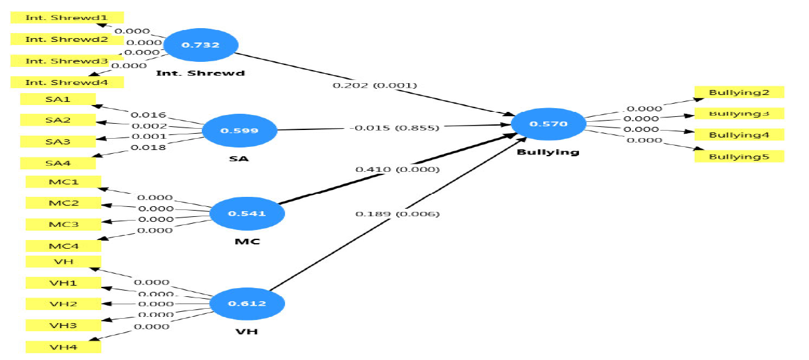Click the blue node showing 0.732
[x=201, y=46]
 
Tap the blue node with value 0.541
[x=247, y=214]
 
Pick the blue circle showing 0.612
[x=247, y=304]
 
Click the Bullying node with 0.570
[x=548, y=124]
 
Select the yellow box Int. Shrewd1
[x=67, y=17]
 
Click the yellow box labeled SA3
[x=58, y=141]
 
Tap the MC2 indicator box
[x=63, y=203]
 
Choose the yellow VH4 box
[x=63, y=346]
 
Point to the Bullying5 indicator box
[x=739, y=156]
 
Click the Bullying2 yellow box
[x=739, y=92]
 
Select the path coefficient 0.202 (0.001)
[x=375, y=85]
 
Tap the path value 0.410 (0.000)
[x=398, y=169]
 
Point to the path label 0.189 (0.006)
[x=398, y=214]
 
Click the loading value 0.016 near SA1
[x=148, y=115]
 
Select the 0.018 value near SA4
[x=148, y=147]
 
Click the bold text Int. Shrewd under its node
[x=201, y=73]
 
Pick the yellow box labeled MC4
[x=63, y=246]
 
